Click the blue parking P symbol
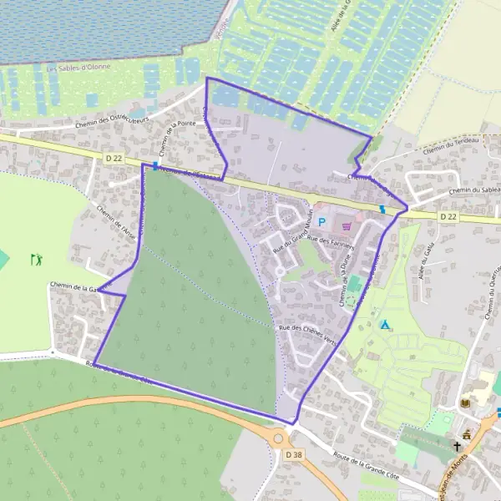pos(321,223)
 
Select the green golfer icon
pos(35,260)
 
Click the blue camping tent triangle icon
pos(385,324)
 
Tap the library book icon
pos(465,404)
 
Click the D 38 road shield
pos(292,455)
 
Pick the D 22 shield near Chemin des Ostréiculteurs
pos(114,156)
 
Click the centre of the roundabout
pos(278,438)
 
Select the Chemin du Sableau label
pos(473,191)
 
